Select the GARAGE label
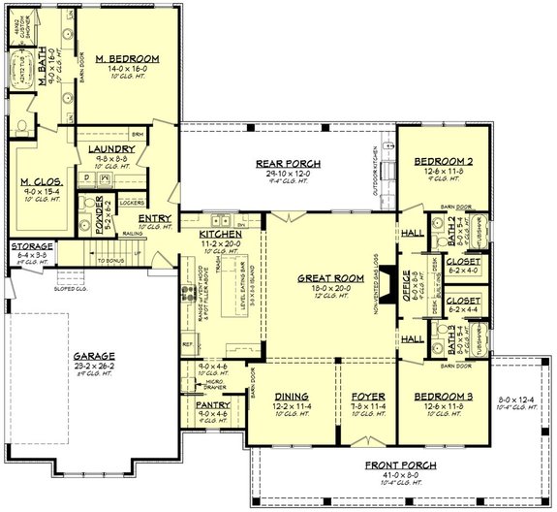(x=93, y=356)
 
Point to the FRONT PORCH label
(x=400, y=465)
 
